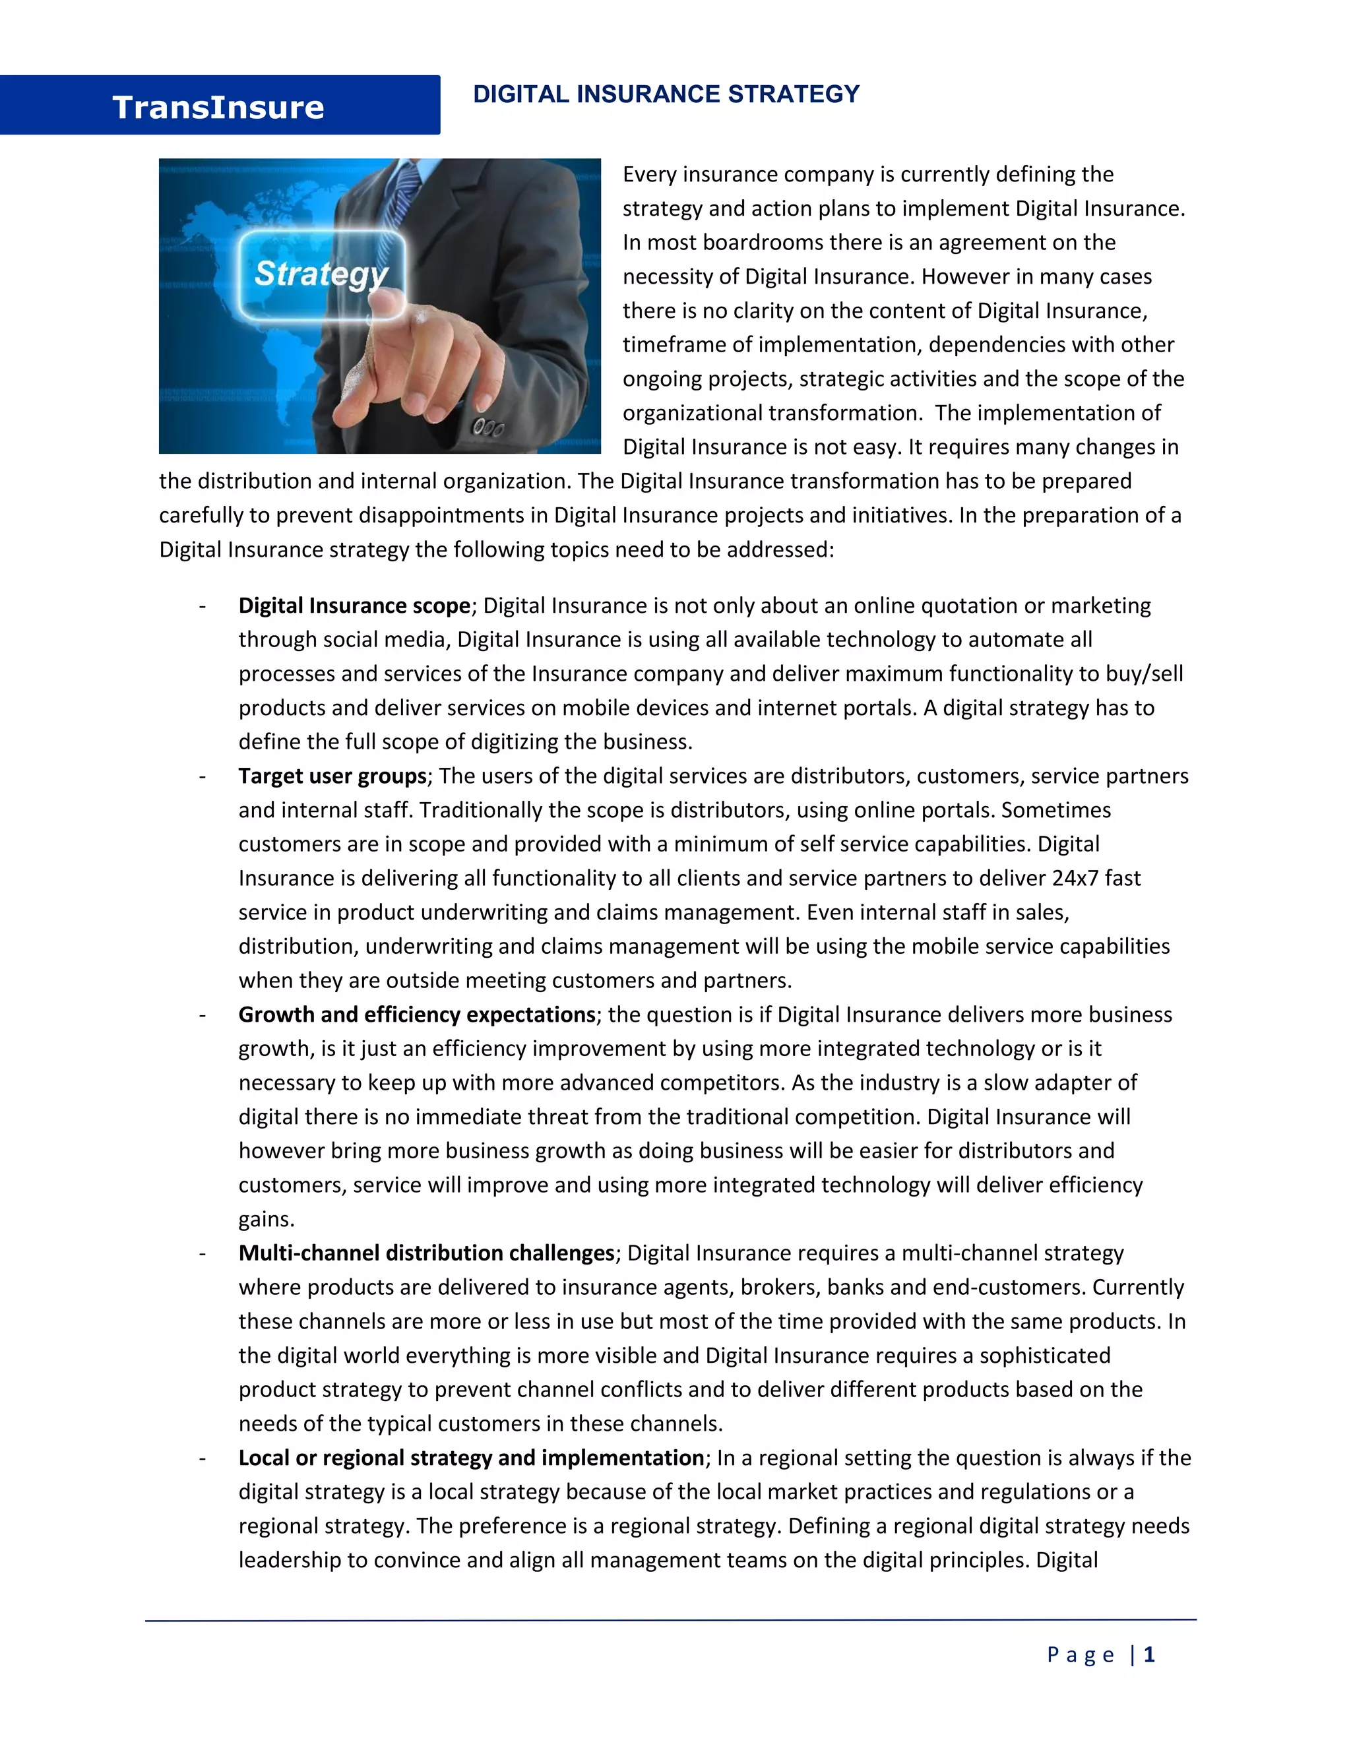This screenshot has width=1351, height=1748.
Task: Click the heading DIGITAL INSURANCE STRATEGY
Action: coord(666,94)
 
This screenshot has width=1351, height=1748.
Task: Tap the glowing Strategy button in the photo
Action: coord(322,274)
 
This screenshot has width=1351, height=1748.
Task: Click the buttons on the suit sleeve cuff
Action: coord(487,427)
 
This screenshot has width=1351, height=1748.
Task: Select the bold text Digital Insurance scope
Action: coord(354,606)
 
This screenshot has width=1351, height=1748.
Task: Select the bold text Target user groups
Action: coord(332,776)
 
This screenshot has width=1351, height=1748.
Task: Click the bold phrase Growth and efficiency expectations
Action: coord(416,1015)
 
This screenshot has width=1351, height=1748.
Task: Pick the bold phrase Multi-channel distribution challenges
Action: coord(425,1253)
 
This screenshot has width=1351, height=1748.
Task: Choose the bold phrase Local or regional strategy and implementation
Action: coord(470,1458)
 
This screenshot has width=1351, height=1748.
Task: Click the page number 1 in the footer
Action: coord(1148,1655)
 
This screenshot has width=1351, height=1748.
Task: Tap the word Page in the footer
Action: coord(1080,1655)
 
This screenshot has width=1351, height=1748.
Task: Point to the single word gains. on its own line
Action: coord(267,1220)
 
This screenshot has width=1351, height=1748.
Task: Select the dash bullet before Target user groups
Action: coord(203,776)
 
